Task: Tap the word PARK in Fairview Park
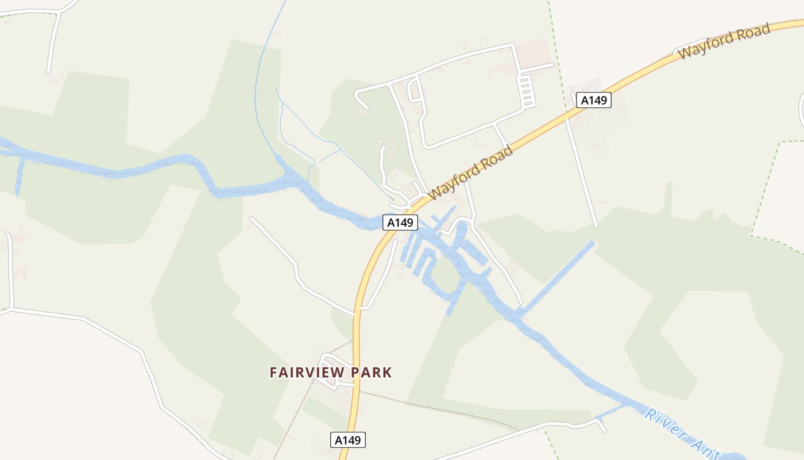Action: click(x=372, y=373)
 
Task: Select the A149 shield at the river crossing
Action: click(x=400, y=223)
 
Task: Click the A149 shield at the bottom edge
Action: click(x=348, y=440)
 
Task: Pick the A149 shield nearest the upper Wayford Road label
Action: click(x=594, y=100)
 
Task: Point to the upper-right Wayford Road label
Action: click(x=724, y=41)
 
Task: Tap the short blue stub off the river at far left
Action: click(x=20, y=175)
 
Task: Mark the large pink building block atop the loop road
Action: click(x=533, y=52)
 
